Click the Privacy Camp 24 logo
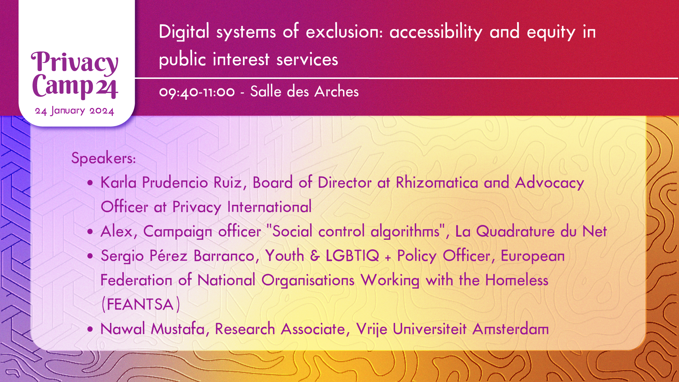75,75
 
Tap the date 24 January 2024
75,111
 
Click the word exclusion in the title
344,32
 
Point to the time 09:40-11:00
197,92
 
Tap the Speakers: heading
104,158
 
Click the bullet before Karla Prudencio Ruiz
91,183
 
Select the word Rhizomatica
437,183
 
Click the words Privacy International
242,207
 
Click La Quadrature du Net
531,232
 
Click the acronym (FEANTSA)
141,305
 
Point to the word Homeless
517,280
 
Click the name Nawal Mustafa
153,329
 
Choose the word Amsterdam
511,329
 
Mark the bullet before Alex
91,232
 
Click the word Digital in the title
184,32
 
